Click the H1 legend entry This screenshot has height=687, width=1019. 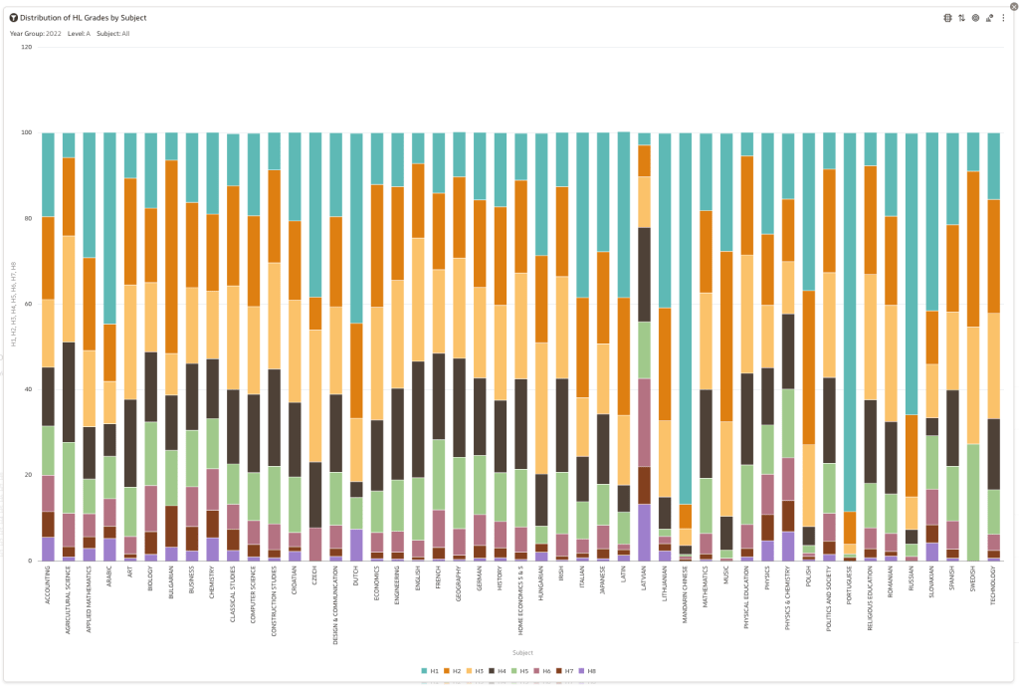tap(431, 671)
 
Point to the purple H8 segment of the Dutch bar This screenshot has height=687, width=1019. tap(356, 544)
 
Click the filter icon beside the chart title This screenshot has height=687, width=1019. tap(13, 18)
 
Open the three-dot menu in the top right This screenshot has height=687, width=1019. tap(1003, 18)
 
